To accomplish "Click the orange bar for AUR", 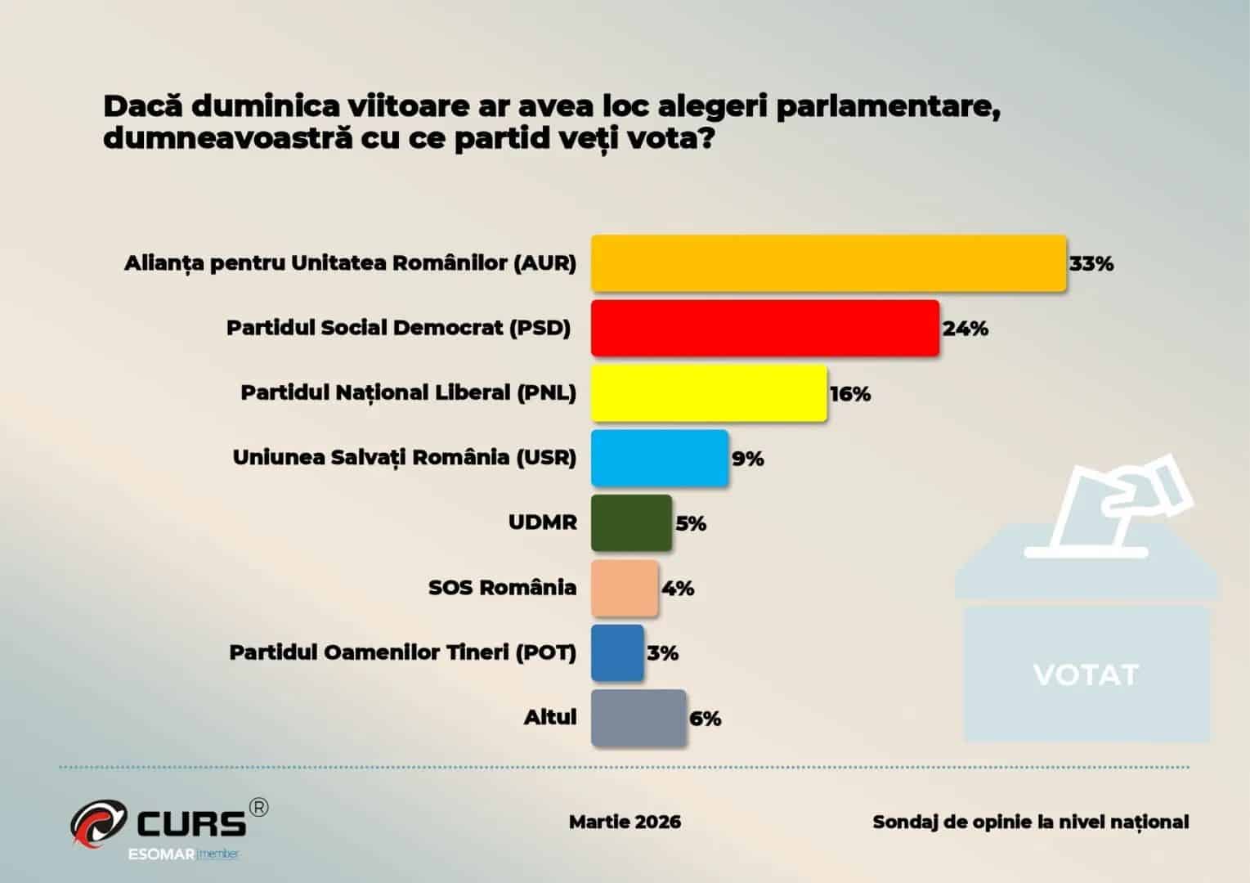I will coord(828,263).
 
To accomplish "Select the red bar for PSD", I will coord(764,328).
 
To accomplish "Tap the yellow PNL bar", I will coord(708,393).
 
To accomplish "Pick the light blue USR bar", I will coord(659,458).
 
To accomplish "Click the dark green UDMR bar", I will coord(631,522).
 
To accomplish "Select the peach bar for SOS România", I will coord(624,588).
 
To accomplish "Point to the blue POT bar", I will coord(617,652).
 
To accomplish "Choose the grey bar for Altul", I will coord(638,718).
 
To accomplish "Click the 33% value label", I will coord(1091,264).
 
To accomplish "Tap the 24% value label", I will coord(966,329).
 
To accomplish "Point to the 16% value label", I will coord(850,394).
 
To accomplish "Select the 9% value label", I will coord(747,459).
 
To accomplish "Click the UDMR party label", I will coord(543,522).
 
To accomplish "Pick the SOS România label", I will coord(502,588).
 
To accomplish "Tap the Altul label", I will coord(550,718).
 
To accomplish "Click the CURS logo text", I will coord(191,822).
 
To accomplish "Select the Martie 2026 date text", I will coord(625,822).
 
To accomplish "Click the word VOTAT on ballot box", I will coord(1086,675).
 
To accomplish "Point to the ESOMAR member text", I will coord(183,854).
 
